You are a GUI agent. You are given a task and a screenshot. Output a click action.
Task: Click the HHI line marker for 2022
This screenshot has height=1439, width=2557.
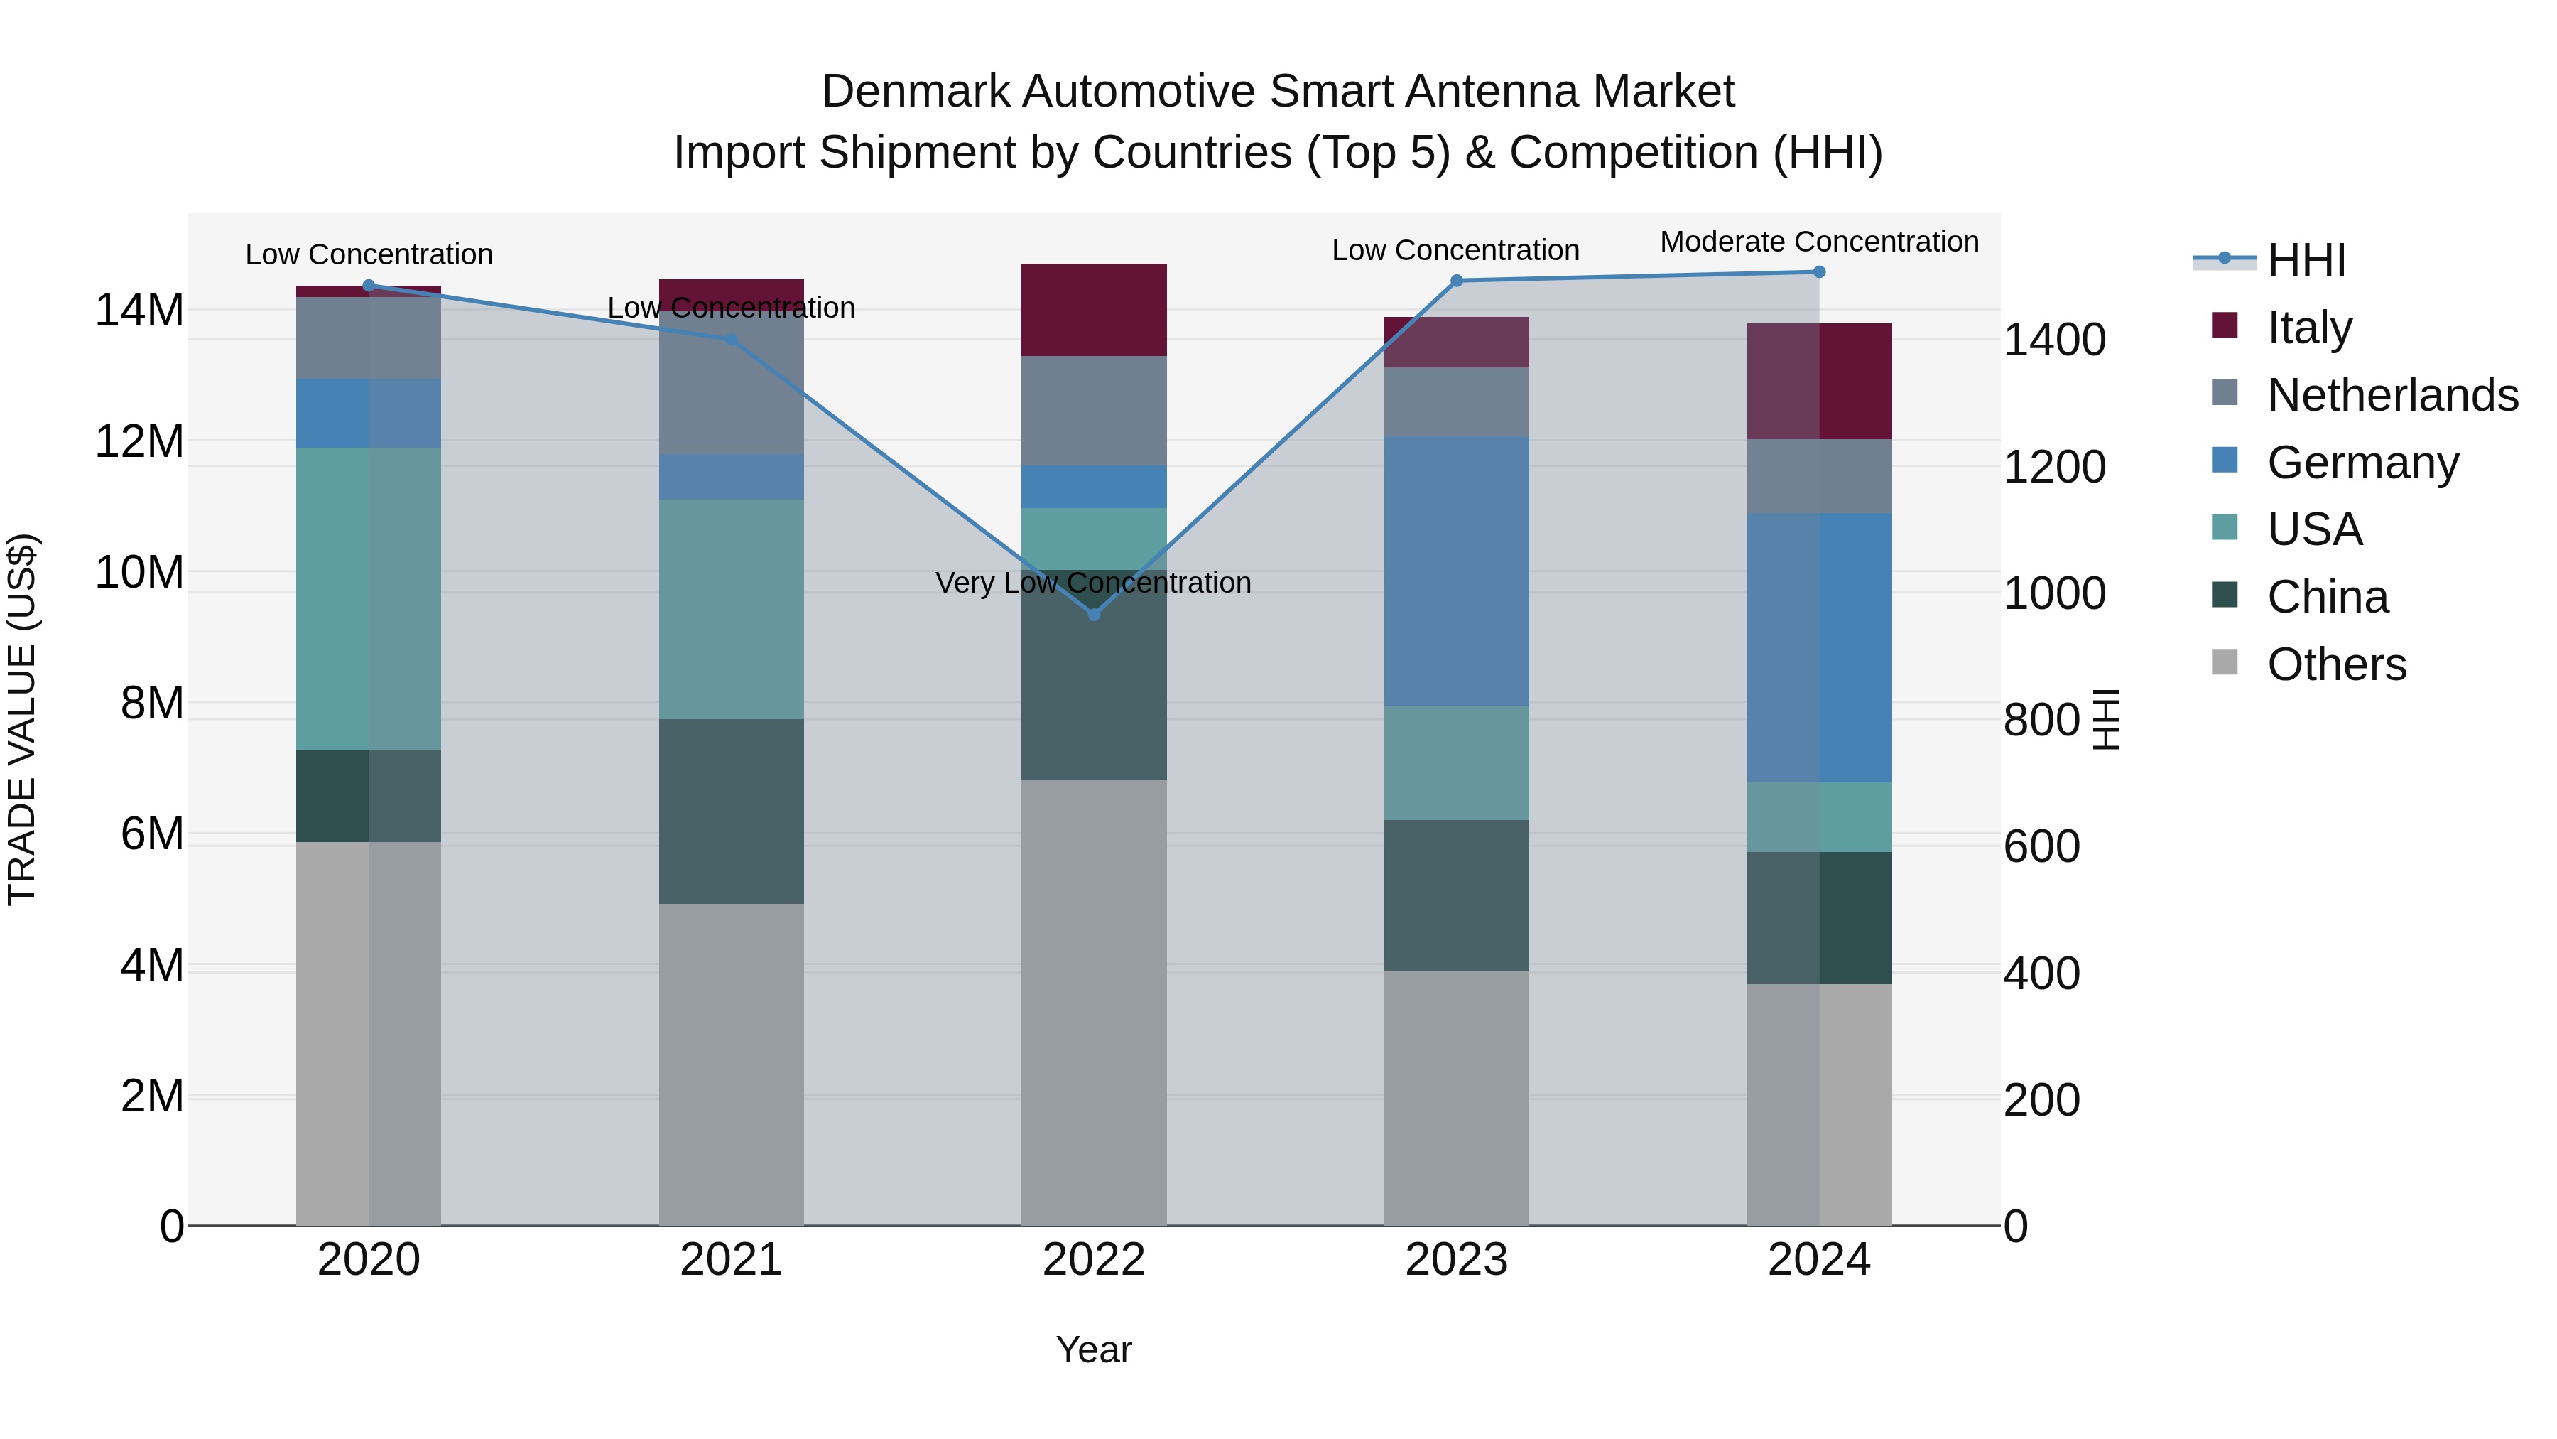click(1094, 615)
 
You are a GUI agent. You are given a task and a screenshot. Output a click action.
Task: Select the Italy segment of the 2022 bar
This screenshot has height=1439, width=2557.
click(1094, 310)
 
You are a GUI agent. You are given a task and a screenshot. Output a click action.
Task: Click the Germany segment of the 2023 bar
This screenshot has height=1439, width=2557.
click(1456, 571)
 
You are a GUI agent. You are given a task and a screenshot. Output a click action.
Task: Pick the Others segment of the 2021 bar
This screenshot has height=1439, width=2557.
click(732, 1064)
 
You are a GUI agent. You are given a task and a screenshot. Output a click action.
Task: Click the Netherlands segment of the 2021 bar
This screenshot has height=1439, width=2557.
click(732, 387)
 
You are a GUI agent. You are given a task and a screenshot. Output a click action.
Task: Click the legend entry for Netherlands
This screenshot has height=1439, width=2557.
click(2392, 395)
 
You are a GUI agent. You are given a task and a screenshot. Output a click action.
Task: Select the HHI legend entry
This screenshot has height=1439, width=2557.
click(2306, 260)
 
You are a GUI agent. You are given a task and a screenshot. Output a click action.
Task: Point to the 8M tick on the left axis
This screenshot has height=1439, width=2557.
click(152, 703)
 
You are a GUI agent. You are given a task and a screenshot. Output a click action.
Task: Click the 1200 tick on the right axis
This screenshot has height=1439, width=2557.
click(2053, 467)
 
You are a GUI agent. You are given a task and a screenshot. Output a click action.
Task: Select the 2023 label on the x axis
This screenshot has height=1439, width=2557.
click(1456, 1260)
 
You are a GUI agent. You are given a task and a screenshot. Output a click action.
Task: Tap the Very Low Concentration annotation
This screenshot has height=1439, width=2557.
click(1093, 583)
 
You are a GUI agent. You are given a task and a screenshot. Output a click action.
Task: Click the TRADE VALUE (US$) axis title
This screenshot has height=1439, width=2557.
click(22, 719)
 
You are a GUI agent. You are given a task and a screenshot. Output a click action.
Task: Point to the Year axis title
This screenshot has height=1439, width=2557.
click(1094, 1349)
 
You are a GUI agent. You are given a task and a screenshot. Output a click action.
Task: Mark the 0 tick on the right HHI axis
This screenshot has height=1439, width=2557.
click(2016, 1227)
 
